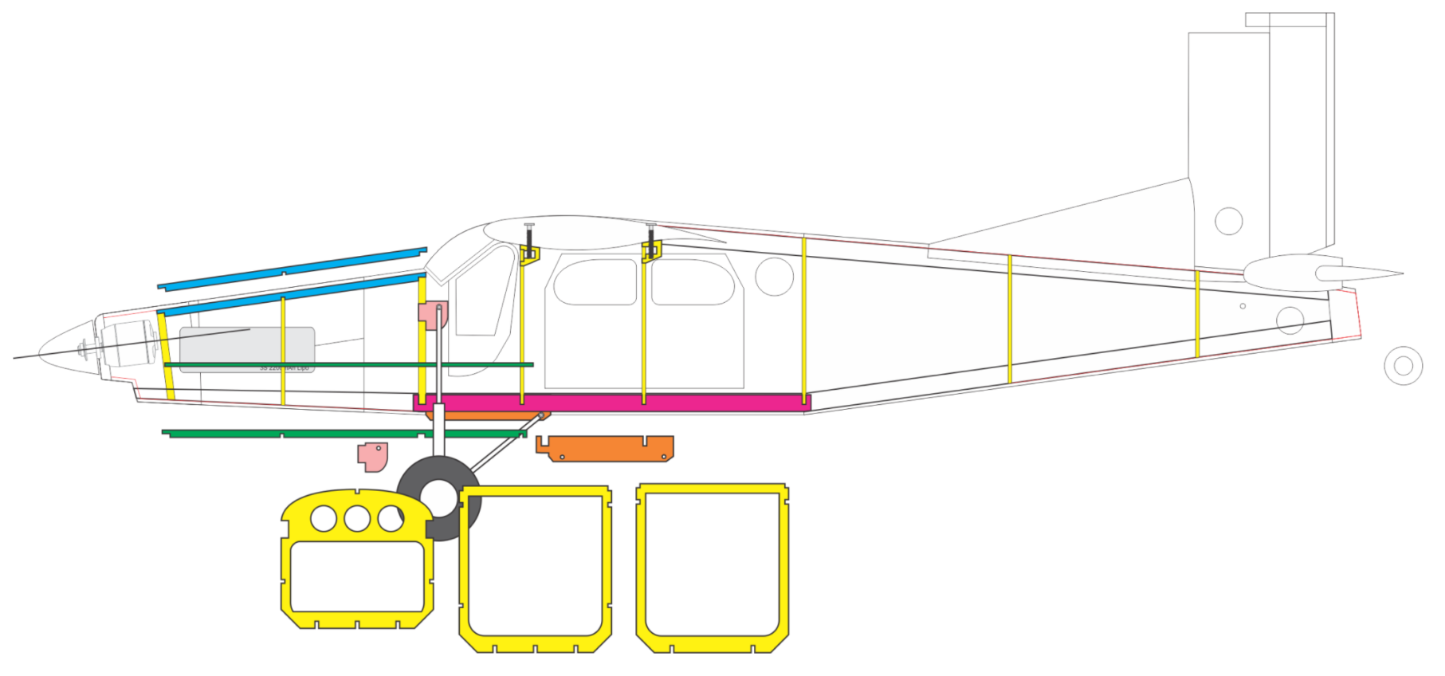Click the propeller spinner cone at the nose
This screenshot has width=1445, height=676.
click(64, 349)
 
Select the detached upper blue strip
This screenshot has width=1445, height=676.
click(292, 269)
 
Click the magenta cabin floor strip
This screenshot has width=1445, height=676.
click(614, 403)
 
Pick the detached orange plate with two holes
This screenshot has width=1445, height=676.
click(606, 448)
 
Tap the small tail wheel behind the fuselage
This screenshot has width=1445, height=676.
click(1403, 366)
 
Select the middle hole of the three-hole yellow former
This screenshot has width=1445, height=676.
click(357, 519)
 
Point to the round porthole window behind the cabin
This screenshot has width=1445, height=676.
click(774, 277)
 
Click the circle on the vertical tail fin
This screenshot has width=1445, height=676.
click(1228, 221)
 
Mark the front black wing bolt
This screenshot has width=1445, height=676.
click(529, 239)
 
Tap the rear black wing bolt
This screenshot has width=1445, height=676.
click(651, 239)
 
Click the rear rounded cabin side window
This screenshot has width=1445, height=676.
click(693, 282)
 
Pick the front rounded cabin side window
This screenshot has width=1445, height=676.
click(595, 282)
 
